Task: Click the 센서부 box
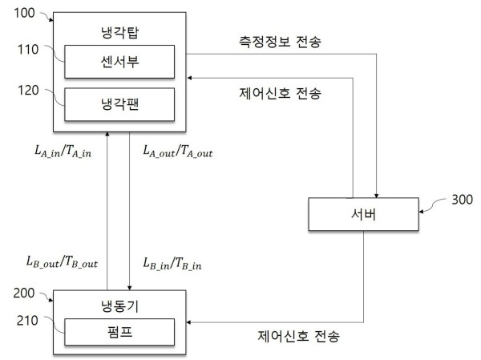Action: click(118, 61)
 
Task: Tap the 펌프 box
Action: click(118, 330)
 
